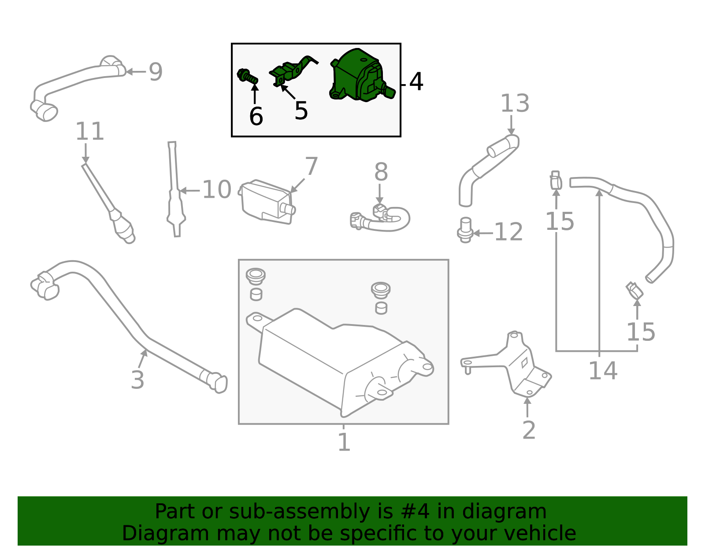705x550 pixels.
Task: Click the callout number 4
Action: tap(416, 81)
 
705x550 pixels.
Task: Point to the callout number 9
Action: tap(156, 72)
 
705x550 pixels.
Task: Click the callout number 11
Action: tap(89, 131)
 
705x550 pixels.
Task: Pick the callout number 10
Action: tap(217, 190)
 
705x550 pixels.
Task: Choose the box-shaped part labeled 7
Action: tap(267, 202)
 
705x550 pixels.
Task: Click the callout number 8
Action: tap(381, 172)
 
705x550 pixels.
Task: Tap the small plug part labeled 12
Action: tap(466, 230)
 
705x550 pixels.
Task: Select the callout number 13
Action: tap(515, 103)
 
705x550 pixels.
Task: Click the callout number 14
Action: tap(603, 371)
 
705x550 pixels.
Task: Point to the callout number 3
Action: tap(137, 380)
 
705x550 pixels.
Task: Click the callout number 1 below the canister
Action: tap(344, 442)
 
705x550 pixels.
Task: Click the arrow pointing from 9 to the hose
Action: tap(136, 72)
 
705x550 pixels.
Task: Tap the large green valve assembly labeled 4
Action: tap(362, 75)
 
